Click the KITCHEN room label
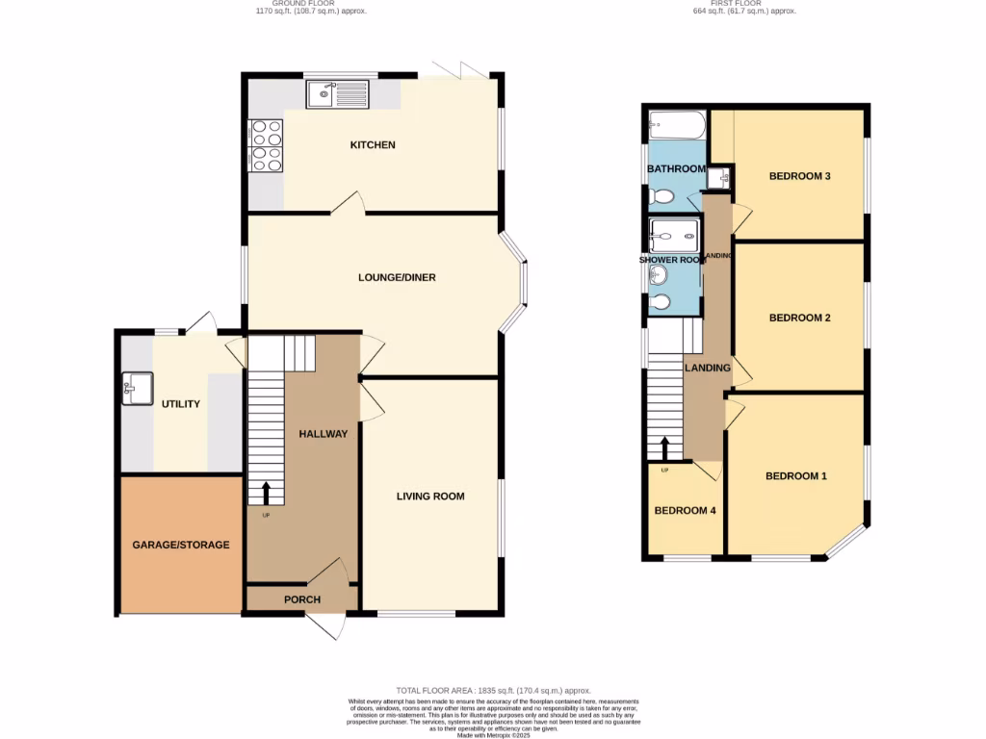click(373, 145)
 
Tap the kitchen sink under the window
click(336, 94)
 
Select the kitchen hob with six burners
click(267, 144)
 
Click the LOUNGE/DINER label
click(397, 278)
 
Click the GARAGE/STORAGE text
click(181, 545)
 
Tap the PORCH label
click(301, 599)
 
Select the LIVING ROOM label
click(430, 497)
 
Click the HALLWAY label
click(323, 434)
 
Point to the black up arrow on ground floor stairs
click(266, 493)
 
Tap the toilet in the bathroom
click(662, 196)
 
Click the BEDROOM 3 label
click(799, 176)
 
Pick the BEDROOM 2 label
click(799, 318)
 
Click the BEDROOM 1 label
click(795, 476)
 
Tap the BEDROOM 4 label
click(685, 511)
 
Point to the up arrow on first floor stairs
click(664, 448)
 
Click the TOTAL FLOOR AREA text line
click(493, 691)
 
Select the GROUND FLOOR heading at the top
click(311, 4)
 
